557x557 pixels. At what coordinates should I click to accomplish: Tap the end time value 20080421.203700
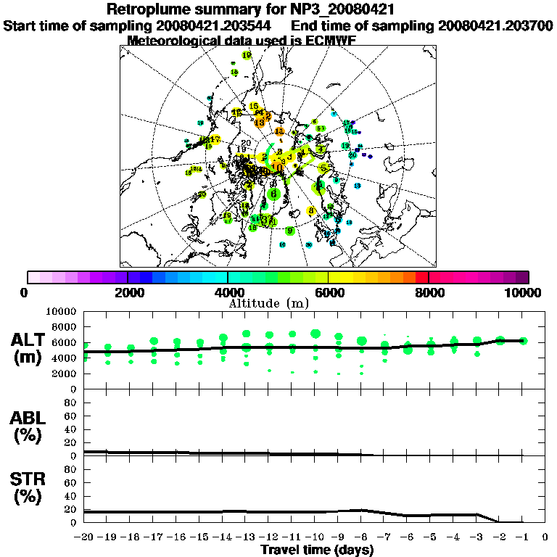coord(495,25)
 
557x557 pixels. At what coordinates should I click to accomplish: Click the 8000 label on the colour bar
coord(429,292)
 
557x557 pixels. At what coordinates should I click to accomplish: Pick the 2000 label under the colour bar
coord(128,292)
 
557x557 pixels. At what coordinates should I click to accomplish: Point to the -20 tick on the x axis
coord(84,537)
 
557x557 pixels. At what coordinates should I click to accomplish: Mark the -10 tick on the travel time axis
coord(315,537)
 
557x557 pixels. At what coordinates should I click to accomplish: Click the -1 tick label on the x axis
coord(522,537)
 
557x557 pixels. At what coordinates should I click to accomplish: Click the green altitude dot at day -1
coord(524,341)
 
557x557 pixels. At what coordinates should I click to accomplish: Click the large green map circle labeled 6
coord(273,194)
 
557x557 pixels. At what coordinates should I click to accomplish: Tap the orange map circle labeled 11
coord(279,132)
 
